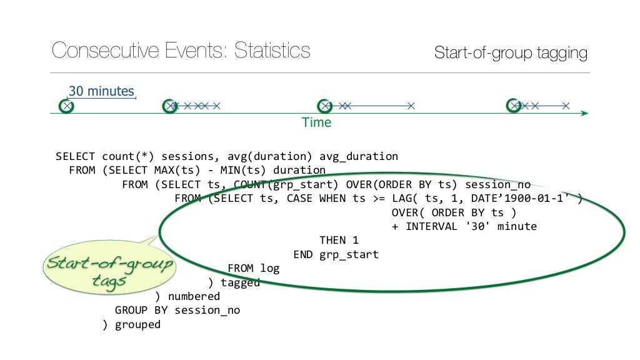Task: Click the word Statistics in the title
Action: [272, 51]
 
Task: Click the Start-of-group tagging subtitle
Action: [511, 53]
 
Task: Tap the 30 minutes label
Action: [101, 91]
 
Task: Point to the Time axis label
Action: [317, 122]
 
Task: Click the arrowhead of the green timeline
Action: [584, 113]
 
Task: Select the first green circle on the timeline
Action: [66, 106]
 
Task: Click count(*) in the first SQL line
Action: [118, 156]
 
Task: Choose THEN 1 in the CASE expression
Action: [339, 240]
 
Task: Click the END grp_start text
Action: [336, 254]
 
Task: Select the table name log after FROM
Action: [270, 268]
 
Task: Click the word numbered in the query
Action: [194, 296]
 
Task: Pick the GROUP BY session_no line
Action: [177, 310]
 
